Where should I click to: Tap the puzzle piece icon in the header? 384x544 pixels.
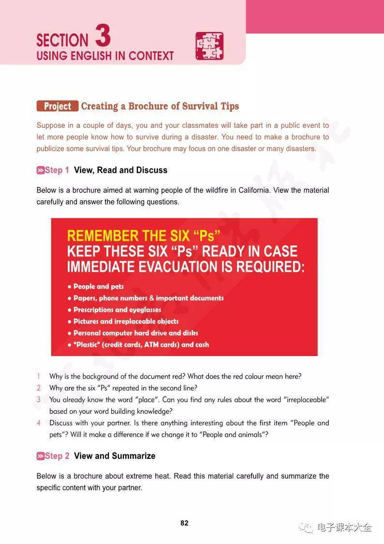click(x=209, y=46)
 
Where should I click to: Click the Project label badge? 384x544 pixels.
click(x=58, y=107)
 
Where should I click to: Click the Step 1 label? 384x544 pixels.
click(x=53, y=170)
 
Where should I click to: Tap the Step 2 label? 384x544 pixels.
click(x=53, y=456)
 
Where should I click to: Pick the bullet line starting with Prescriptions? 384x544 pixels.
click(x=117, y=310)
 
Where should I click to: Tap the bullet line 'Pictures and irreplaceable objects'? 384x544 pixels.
click(x=126, y=321)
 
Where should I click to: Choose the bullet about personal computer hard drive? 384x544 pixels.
click(x=135, y=333)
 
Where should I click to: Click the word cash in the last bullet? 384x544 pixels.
click(x=203, y=344)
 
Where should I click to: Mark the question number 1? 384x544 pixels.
click(x=39, y=376)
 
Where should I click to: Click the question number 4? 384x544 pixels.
click(x=39, y=423)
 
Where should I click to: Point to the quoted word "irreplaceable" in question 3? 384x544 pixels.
click(x=307, y=400)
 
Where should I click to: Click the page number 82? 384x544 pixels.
click(x=184, y=523)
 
